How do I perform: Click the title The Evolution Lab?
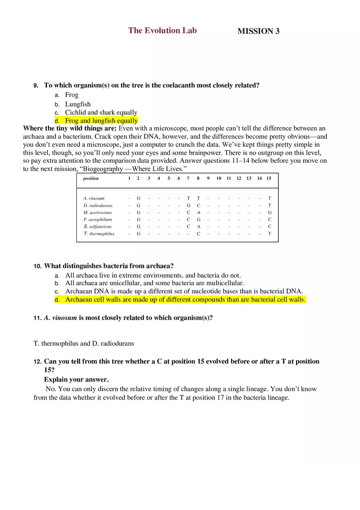[162, 30]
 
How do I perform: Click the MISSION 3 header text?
[258, 31]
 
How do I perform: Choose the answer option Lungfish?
[78, 104]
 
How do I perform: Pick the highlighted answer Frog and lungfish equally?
[101, 121]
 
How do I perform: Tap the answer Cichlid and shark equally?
[101, 112]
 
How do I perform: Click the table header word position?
[91, 178]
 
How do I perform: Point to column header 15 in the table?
[269, 178]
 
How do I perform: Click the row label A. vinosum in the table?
[94, 198]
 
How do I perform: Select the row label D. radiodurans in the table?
[98, 205]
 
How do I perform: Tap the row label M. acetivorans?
[97, 213]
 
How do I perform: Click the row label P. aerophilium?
[97, 220]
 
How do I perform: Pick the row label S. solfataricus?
[97, 227]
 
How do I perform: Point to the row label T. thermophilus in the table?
[99, 234]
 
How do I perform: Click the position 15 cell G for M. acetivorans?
[270, 213]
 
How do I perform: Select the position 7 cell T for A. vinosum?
[188, 198]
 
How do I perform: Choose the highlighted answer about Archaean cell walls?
[185, 299]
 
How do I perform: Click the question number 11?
[38, 318]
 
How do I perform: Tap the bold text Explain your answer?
[76, 379]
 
